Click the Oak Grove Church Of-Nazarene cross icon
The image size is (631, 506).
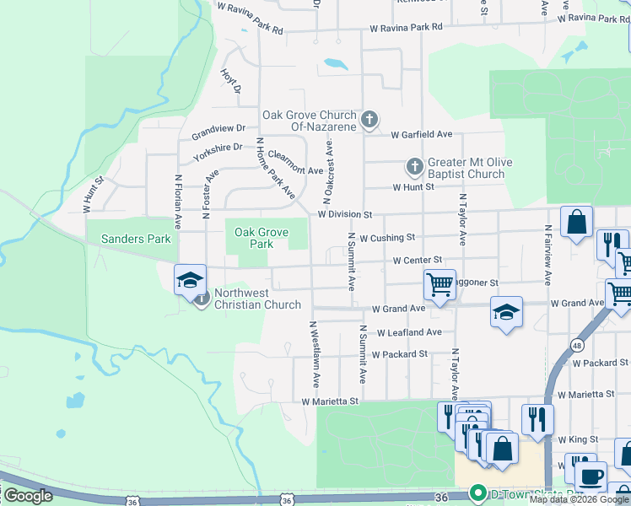[369, 121]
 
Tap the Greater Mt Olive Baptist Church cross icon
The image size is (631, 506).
[414, 166]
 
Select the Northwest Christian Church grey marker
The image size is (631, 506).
[202, 299]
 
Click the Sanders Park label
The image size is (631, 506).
[136, 239]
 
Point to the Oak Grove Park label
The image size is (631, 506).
[262, 238]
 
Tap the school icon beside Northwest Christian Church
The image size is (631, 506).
[190, 280]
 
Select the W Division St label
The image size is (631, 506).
[345, 215]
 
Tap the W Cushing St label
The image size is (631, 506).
[387, 238]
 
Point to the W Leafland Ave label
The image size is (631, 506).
[409, 333]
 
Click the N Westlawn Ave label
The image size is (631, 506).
[315, 354]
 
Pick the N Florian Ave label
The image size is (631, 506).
[179, 202]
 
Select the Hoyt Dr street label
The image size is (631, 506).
[230, 82]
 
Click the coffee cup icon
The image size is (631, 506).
[591, 476]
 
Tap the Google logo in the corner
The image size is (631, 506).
[28, 496]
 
